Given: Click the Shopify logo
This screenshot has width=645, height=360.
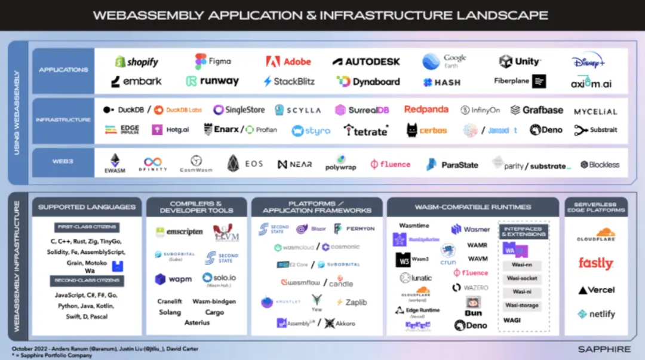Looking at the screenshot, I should (137, 62).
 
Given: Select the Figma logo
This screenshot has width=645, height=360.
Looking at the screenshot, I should (213, 61).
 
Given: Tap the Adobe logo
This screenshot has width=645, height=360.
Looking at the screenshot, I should (288, 61).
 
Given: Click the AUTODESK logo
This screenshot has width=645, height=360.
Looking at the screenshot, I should (366, 61).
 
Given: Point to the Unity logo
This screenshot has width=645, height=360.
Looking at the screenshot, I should (520, 61).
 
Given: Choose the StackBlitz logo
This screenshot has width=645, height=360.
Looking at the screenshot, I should (289, 81).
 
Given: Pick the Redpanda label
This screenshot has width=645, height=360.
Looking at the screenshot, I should (426, 109).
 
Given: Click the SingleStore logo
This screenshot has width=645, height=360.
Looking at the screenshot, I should (239, 110).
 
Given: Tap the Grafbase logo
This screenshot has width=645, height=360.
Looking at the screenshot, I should (537, 110).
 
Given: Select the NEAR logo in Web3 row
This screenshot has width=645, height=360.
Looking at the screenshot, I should (294, 164).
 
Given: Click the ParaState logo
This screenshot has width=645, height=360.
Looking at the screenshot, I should (452, 165).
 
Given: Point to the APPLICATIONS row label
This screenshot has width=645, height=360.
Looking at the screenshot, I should (63, 70).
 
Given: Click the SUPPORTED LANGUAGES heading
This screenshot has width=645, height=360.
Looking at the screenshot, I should (87, 207).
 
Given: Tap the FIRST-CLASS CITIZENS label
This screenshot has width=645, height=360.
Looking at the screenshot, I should (87, 227).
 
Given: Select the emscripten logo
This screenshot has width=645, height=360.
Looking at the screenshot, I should (179, 232).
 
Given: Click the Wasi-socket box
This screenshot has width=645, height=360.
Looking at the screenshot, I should (521, 278).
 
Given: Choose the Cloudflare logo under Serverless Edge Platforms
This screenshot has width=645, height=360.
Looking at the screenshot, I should (596, 235).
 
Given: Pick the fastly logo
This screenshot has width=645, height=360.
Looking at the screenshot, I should (595, 263).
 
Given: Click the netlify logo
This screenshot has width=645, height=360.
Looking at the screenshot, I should (596, 314).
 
